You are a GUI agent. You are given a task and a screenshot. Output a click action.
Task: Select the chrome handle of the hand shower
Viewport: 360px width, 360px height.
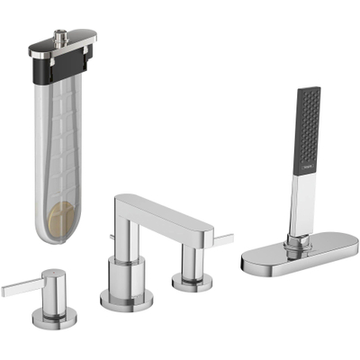pos(301,202)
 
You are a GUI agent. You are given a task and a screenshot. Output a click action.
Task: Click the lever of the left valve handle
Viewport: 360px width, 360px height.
pos(18,287)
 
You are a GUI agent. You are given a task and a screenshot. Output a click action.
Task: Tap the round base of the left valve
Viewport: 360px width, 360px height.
pos(55,316)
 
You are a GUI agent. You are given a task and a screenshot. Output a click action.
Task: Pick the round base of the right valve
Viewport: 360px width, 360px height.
pos(189,282)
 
